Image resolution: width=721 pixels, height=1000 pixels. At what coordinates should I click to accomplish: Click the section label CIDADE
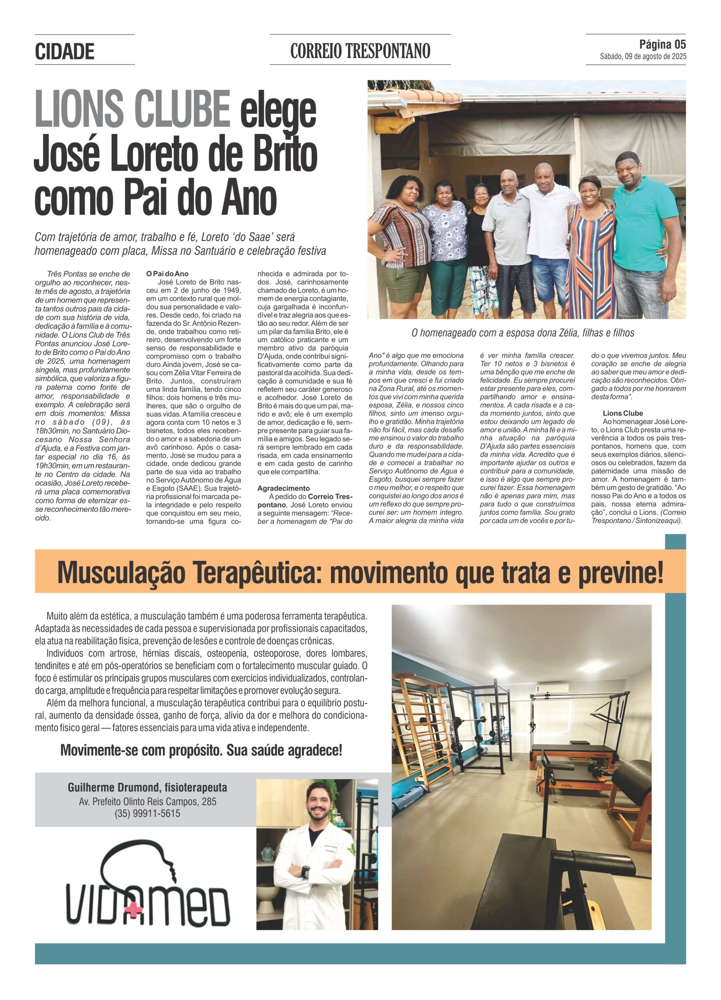click(64, 52)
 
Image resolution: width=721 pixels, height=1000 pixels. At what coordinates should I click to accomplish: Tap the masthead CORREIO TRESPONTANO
click(360, 51)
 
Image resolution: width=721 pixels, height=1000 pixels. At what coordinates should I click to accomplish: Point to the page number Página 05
click(662, 45)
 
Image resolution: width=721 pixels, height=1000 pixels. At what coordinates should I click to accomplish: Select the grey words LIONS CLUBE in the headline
click(132, 109)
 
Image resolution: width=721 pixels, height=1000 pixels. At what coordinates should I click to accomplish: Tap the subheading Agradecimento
click(284, 488)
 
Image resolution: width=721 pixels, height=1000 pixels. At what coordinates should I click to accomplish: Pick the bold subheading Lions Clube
click(623, 413)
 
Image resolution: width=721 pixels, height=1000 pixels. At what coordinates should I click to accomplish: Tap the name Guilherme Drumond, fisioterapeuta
click(147, 787)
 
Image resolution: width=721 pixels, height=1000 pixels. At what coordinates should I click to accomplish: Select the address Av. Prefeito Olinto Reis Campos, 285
click(147, 801)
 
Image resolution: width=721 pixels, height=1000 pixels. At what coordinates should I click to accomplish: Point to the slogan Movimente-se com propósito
click(201, 750)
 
